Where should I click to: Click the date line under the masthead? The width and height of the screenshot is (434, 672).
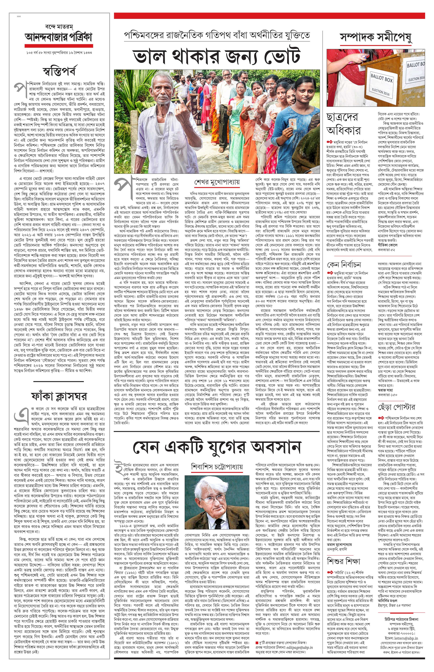(x=59, y=53)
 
